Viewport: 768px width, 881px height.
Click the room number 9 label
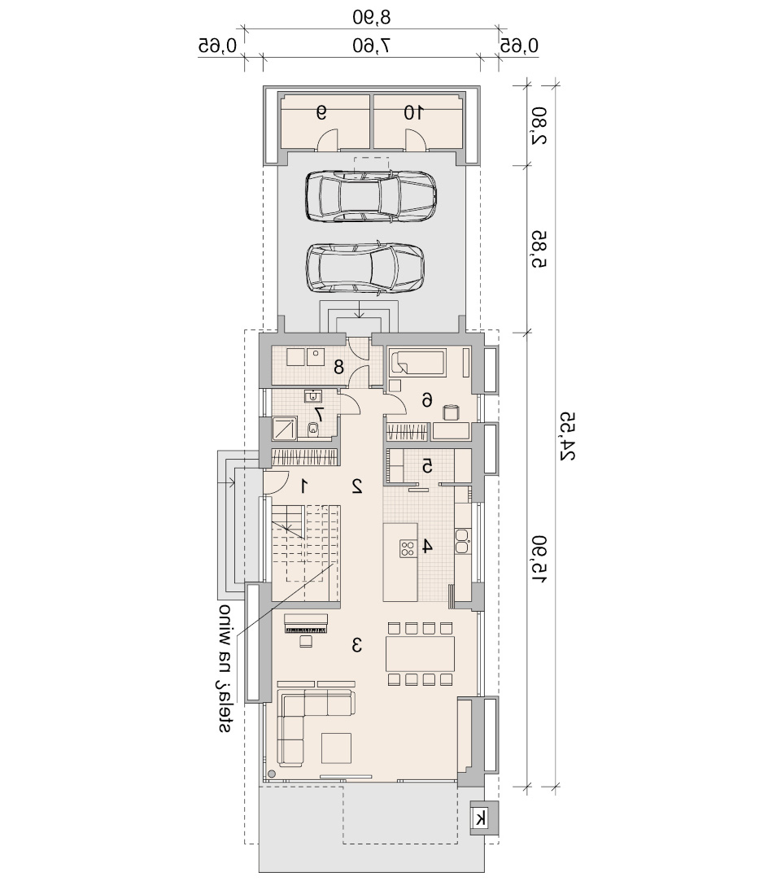[321, 113]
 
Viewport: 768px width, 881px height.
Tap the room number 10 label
[413, 113]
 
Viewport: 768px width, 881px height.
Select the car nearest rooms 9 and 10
[371, 195]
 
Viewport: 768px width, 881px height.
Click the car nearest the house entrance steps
[365, 268]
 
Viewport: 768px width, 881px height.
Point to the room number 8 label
[338, 368]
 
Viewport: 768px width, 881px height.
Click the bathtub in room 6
[417, 363]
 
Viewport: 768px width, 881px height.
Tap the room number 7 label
[319, 415]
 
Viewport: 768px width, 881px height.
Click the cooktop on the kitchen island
[407, 547]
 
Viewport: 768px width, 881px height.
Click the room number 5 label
[428, 466]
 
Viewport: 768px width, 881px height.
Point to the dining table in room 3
[420, 653]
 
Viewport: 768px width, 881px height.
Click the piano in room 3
[306, 624]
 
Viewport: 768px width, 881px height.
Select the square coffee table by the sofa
[336, 748]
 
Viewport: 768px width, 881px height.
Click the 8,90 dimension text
[371, 17]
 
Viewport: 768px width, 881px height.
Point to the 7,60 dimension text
[371, 45]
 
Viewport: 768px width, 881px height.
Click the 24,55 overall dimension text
[567, 437]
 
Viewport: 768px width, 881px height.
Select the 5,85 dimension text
[539, 248]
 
